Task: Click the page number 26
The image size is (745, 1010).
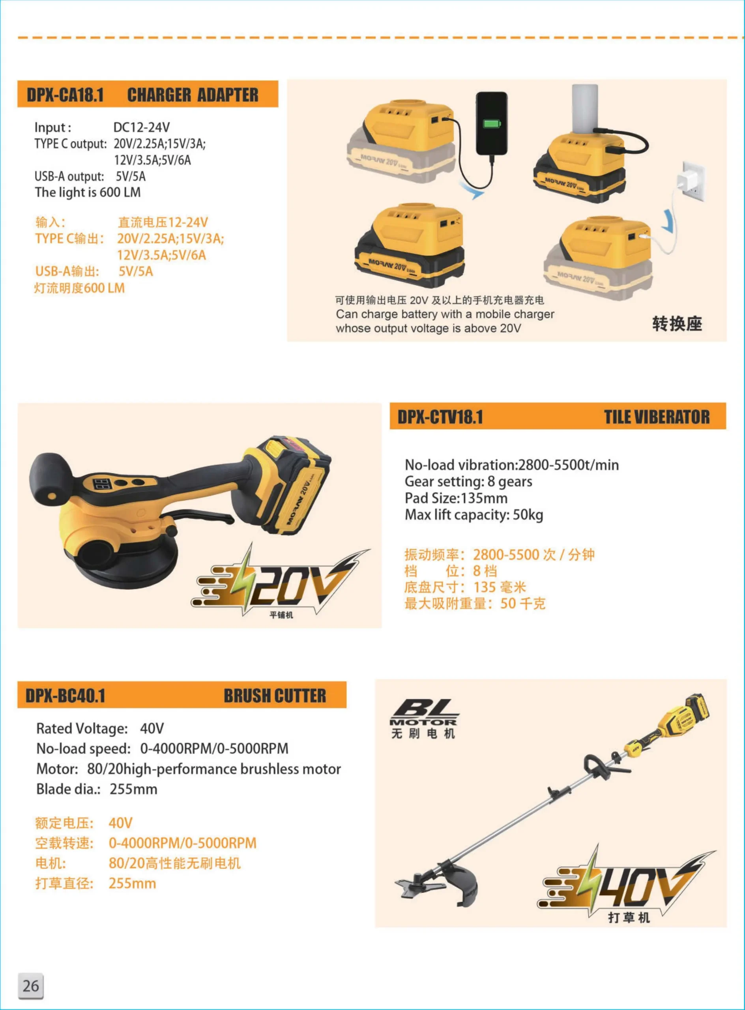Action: tap(31, 986)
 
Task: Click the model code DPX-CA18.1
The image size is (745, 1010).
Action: tap(66, 95)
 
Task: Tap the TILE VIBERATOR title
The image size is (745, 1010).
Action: tap(657, 417)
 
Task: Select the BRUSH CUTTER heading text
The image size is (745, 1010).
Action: tap(275, 695)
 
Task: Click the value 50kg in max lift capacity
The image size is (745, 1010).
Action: tap(528, 514)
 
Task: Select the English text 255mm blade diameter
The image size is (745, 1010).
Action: tap(133, 789)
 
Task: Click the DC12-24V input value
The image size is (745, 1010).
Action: tap(142, 127)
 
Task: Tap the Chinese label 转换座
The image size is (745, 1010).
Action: tap(677, 324)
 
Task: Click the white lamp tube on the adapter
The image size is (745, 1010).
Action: tap(585, 108)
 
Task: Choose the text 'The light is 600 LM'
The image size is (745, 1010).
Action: tap(88, 193)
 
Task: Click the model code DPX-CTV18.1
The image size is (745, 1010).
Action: tap(440, 417)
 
